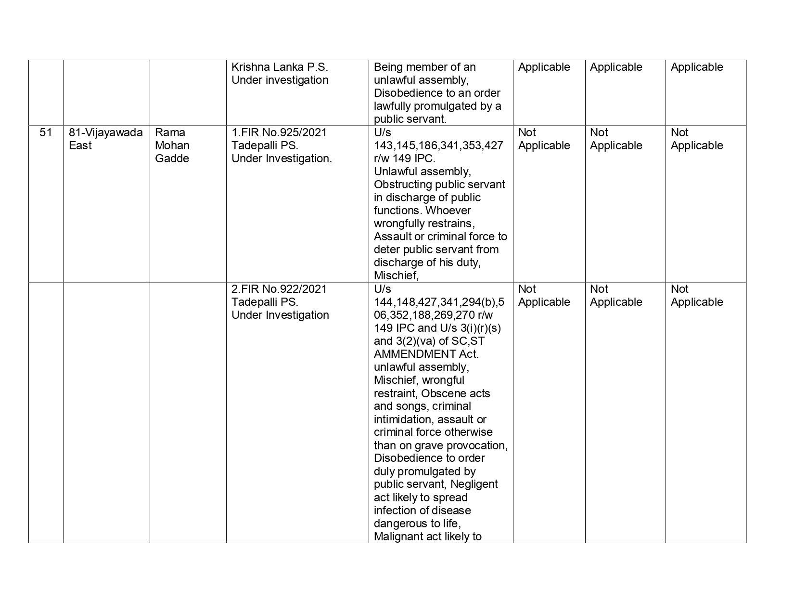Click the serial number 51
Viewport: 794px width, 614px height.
46,132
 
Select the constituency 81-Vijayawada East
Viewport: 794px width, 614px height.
105,139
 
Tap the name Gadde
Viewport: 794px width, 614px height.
172,158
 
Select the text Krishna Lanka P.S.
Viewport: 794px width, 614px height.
280,67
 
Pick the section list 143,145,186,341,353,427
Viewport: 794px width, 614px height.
438,145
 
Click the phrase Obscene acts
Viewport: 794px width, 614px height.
455,393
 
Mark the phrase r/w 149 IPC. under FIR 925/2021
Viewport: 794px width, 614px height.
404,158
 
